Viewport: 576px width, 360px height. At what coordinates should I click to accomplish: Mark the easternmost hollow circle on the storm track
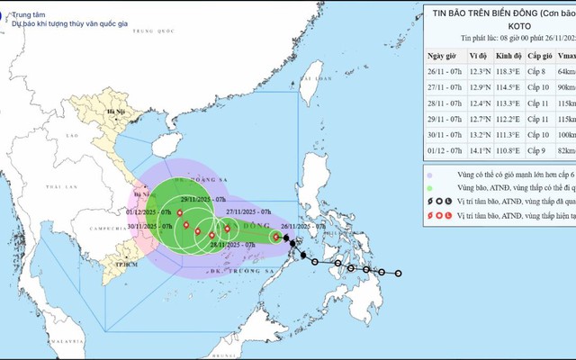pyautogui.click(x=398, y=274)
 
